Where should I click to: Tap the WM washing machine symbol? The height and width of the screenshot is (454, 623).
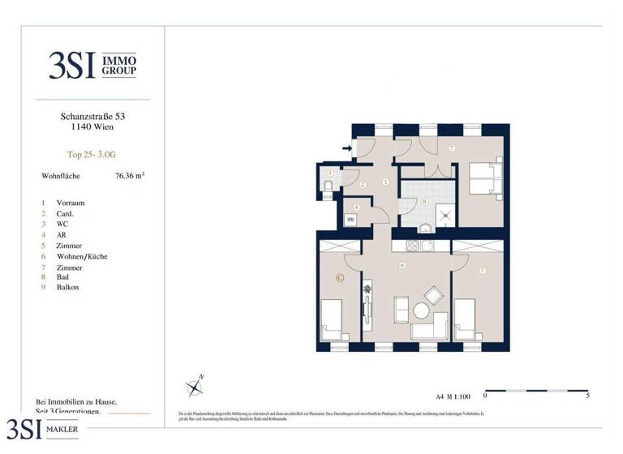[351, 220]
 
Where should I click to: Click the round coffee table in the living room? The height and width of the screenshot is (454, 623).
[421, 311]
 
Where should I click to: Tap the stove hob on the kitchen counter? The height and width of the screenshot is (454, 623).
[412, 246]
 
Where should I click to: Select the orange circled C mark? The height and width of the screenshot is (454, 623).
[340, 278]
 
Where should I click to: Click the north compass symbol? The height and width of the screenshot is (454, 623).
[195, 387]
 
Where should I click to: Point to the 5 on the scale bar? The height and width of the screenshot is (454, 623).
[587, 396]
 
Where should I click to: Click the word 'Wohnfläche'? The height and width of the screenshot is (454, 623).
[62, 175]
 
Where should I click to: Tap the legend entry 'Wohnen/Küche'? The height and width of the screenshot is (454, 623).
[82, 256]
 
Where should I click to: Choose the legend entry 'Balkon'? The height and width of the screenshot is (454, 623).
[68, 287]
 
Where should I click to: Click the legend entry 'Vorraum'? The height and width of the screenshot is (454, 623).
[71, 203]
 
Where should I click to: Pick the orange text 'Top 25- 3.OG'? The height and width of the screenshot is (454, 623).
[86, 153]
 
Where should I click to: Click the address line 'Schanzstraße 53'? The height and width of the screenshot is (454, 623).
[87, 117]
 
